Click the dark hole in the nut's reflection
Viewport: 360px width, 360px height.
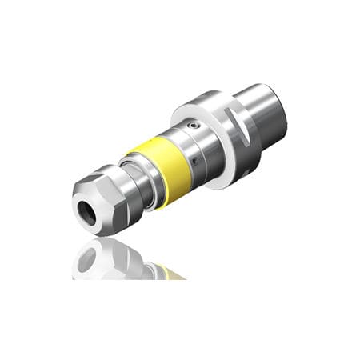(x=89, y=258)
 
